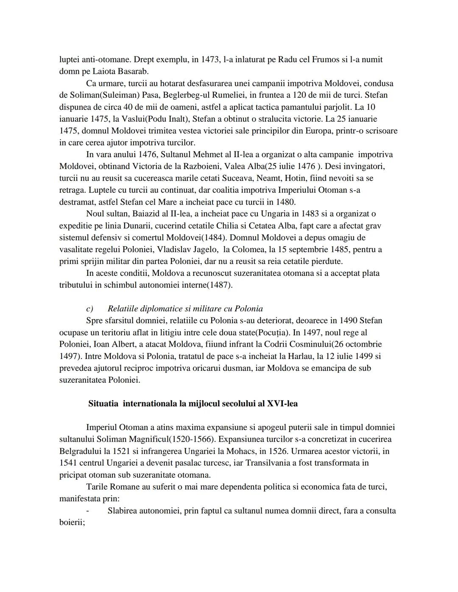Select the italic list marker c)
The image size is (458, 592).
click(89, 309)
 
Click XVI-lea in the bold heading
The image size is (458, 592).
click(282, 403)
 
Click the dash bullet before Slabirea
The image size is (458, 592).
click(88, 510)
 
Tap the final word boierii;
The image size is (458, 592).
click(72, 522)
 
